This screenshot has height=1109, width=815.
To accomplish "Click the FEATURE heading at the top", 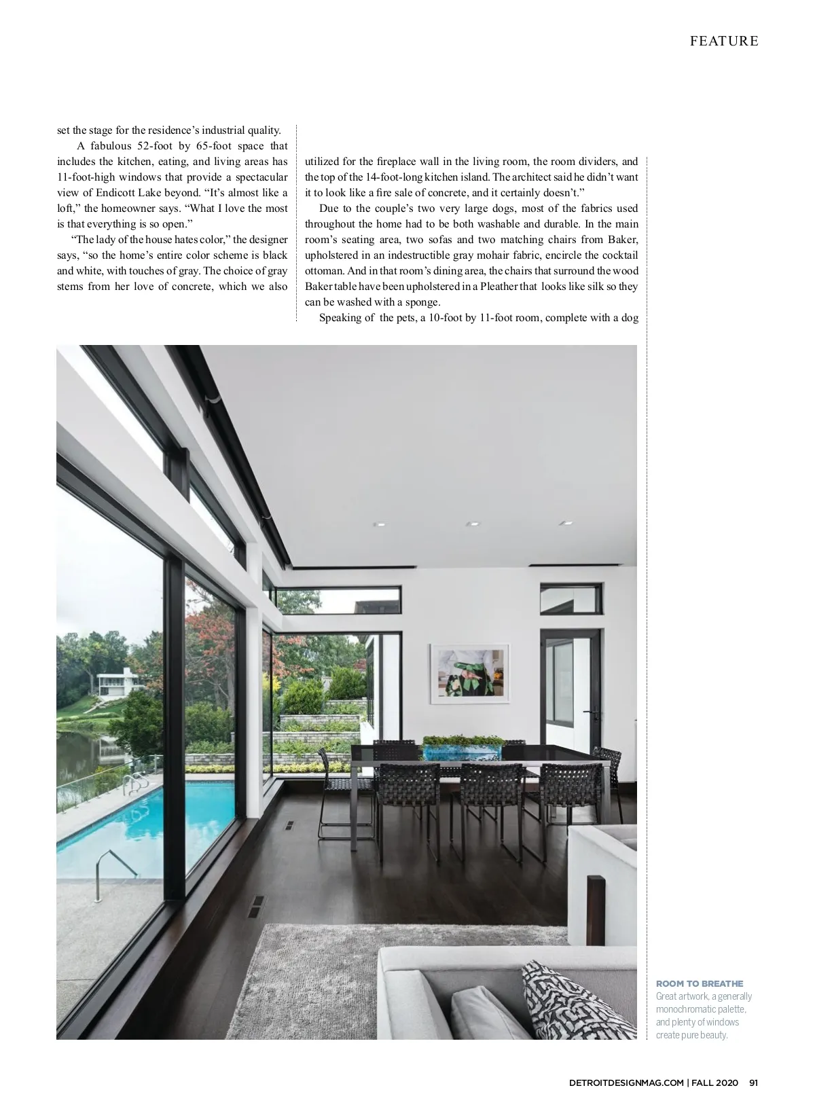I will tap(724, 41).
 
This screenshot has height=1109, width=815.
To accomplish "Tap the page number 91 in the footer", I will tap(753, 1083).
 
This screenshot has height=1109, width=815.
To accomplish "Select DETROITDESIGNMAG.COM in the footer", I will tap(626, 1083).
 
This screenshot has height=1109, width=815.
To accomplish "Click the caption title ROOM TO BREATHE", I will tap(700, 983).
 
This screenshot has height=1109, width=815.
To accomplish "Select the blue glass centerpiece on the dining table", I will tap(462, 750).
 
